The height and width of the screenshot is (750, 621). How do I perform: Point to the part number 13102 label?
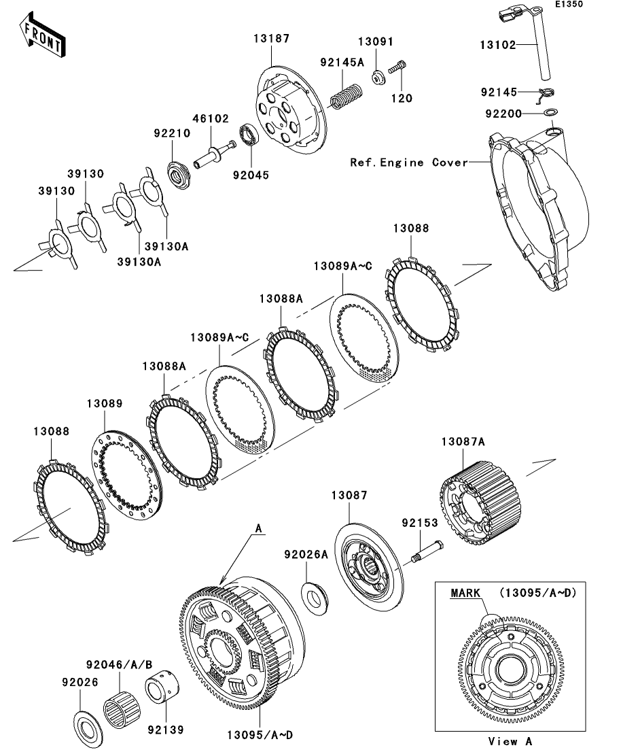tap(497, 46)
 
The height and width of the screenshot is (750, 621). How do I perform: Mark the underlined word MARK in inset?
tap(465, 593)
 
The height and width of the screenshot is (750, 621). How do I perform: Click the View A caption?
tap(510, 741)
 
